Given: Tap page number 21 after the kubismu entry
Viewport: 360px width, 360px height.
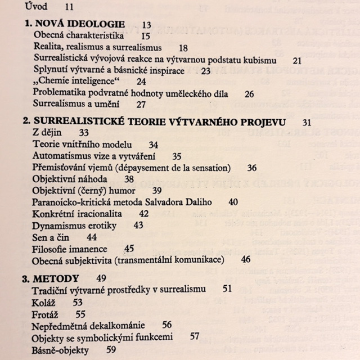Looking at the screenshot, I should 298,59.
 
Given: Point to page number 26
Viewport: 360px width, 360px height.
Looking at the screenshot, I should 249,94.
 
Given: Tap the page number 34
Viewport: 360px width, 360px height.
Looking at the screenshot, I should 153,145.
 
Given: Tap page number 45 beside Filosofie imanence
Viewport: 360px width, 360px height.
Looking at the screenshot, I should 129,248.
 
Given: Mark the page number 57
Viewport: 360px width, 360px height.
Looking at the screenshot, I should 195,337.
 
